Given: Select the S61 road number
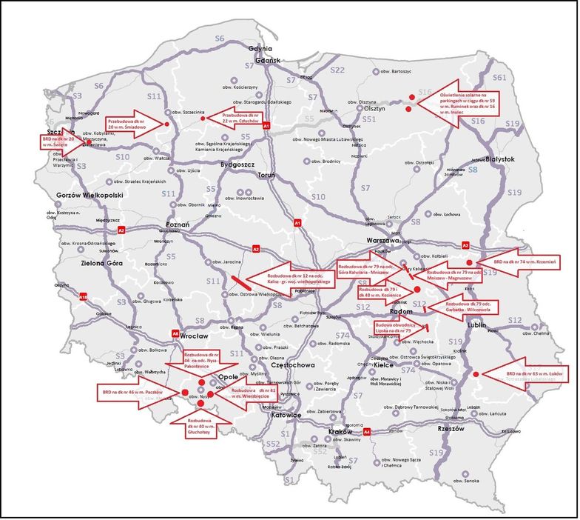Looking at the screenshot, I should click(x=499, y=77).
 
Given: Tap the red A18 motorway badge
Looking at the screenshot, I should click(x=83, y=296).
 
